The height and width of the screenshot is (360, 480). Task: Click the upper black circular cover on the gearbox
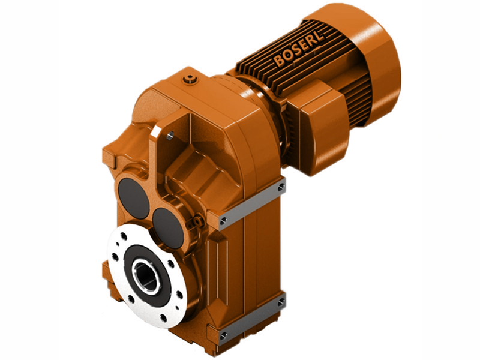coord(133,197)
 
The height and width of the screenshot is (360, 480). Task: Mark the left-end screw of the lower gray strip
coord(223,335)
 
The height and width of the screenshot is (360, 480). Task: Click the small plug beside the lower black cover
coord(193,223)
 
